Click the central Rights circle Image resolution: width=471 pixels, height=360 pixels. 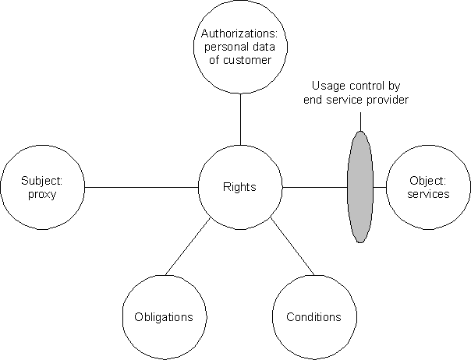tap(239, 187)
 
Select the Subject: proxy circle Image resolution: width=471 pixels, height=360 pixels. tap(41, 188)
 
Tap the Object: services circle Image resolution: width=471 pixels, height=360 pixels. tap(428, 188)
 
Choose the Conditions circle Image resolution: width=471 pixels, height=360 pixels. tap(313, 317)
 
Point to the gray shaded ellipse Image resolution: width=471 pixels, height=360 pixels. tap(359, 187)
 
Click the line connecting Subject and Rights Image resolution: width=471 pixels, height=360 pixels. tap(140, 187)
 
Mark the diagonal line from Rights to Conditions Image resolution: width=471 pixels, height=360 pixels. tap(292, 249)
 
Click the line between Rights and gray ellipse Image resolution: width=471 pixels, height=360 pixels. tap(312, 187)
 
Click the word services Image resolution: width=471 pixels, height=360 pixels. tap(428, 195)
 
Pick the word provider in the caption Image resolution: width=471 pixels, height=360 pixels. tap(389, 100)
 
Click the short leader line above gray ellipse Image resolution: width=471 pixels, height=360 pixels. tap(360, 121)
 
